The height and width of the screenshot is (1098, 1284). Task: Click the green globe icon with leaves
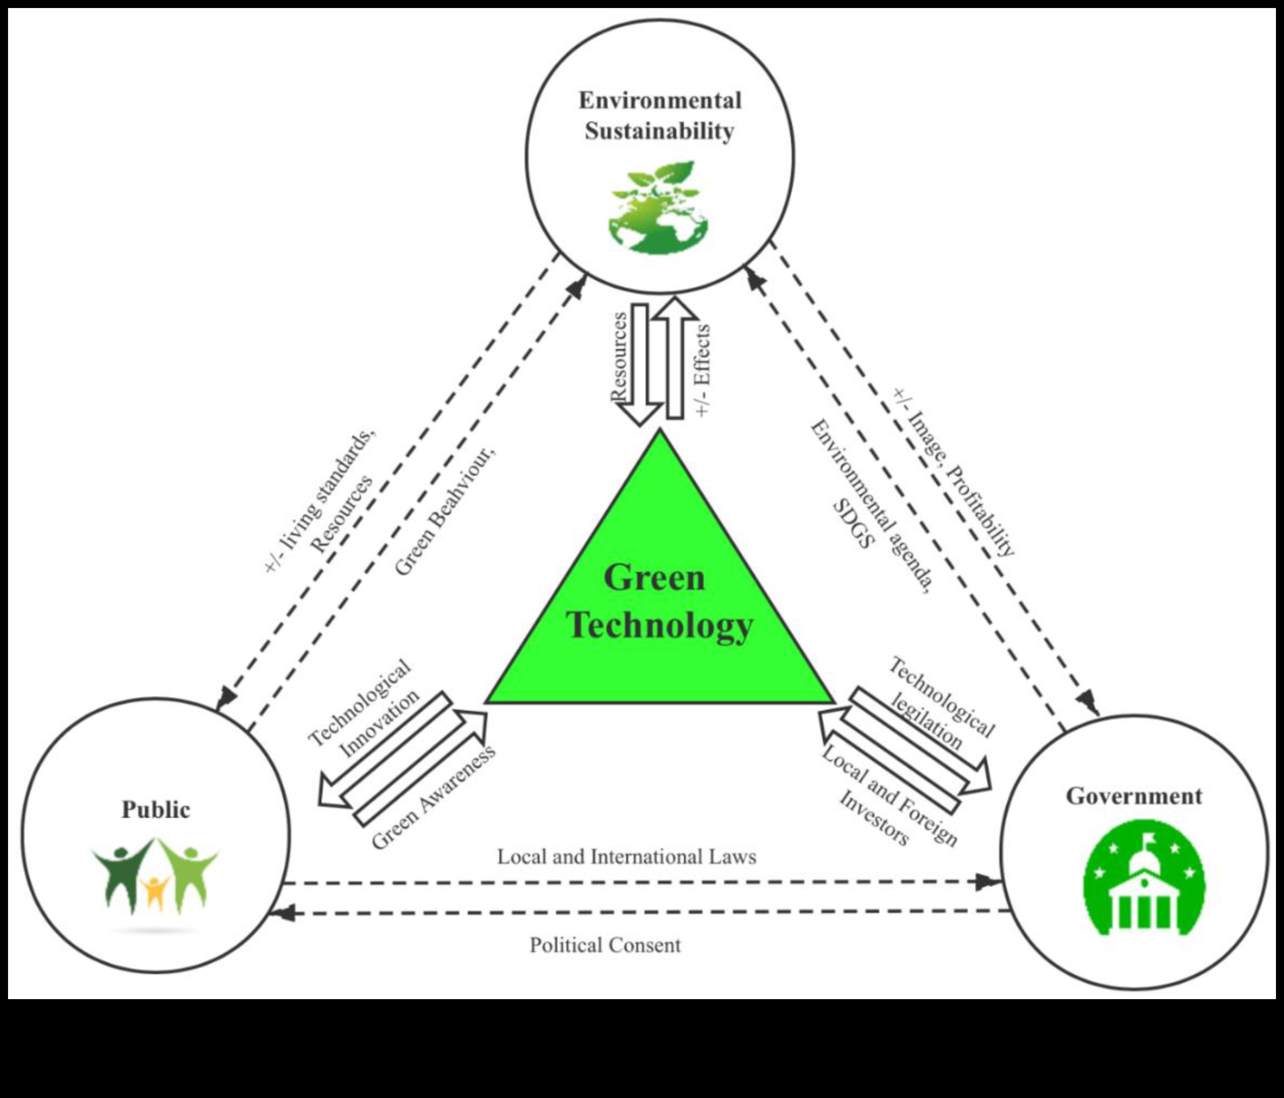[658, 209]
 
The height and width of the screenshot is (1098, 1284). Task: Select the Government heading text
[1133, 796]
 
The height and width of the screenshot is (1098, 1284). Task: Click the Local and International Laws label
[626, 857]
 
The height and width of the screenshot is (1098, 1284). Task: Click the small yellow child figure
[154, 892]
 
